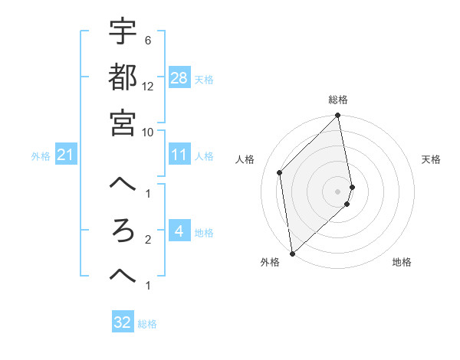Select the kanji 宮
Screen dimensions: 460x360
point(123,122)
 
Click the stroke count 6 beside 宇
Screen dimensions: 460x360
point(147,40)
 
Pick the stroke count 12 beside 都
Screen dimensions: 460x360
point(148,86)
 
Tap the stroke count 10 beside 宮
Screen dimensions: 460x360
point(148,132)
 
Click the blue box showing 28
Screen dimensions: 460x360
point(179,78)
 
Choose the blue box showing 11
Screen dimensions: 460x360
point(179,155)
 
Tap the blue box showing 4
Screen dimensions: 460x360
point(179,232)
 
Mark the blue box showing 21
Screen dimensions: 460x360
point(66,155)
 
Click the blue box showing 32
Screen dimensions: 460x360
point(123,322)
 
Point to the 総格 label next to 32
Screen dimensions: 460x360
point(147,324)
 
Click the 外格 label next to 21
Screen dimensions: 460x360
point(41,156)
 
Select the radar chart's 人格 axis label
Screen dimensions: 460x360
point(245,159)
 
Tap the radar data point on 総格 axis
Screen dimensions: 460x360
point(338,116)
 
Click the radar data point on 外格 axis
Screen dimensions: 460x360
point(292,253)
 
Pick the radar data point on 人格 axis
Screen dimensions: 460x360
point(280,172)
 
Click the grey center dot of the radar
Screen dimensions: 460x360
point(338,191)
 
